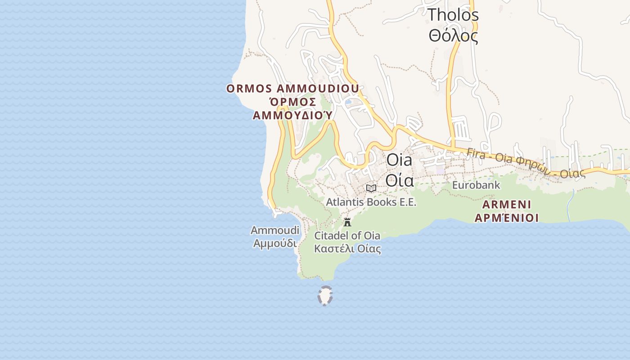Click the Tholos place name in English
(453, 14)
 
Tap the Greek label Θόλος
(453, 35)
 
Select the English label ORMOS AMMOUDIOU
(292, 88)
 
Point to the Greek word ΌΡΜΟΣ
(292, 102)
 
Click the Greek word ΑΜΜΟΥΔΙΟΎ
(292, 116)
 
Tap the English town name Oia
(399, 160)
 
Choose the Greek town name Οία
(399, 180)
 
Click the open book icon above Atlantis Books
(371, 188)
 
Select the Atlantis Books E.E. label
(371, 202)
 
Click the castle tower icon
(347, 222)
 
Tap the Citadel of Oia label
(347, 235)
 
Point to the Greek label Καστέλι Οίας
(347, 248)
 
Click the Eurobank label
(476, 185)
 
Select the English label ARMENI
(507, 205)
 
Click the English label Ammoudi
(274, 230)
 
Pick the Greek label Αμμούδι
(274, 243)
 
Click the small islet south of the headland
(325, 296)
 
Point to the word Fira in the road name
(476, 153)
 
